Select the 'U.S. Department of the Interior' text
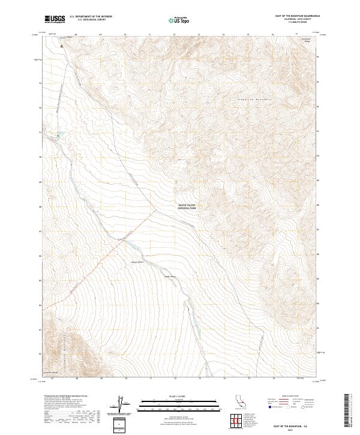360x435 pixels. [x=90, y=16]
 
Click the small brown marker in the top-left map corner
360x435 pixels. [x=61, y=44]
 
